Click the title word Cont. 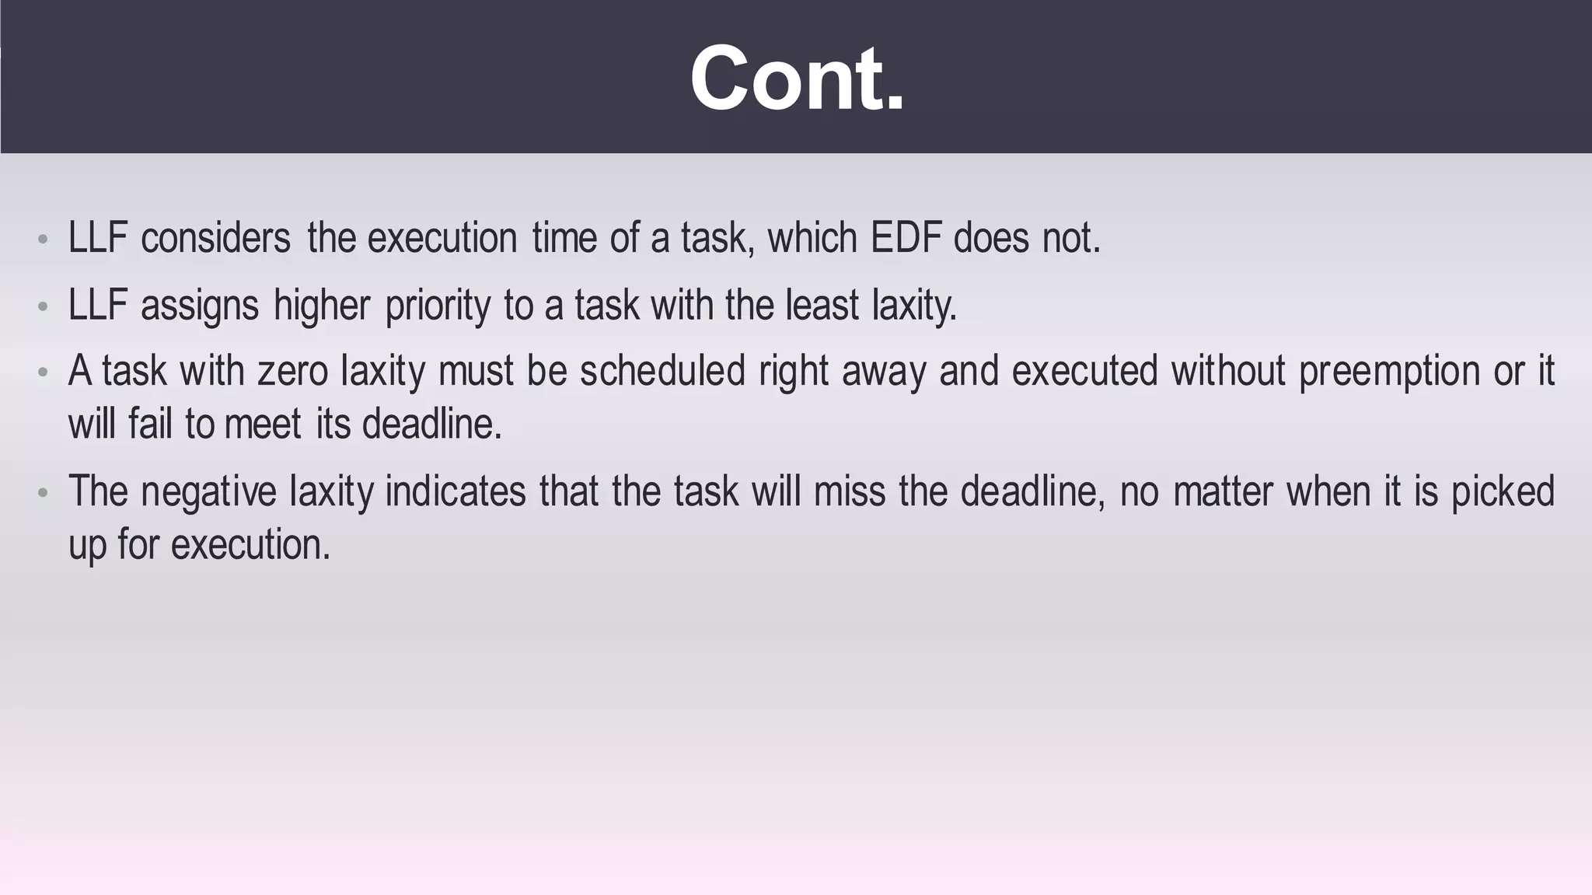click(x=797, y=79)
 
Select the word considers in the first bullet click(x=215, y=238)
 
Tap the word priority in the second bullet click(x=438, y=305)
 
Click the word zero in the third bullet click(x=292, y=371)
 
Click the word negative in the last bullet click(x=208, y=492)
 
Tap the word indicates click(x=456, y=492)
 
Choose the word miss click(x=850, y=492)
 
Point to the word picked click(x=1503, y=492)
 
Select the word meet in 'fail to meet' click(x=263, y=425)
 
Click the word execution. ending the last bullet click(x=250, y=544)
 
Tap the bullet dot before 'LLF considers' click(x=44, y=239)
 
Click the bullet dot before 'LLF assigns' click(x=44, y=306)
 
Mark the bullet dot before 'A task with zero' click(x=44, y=373)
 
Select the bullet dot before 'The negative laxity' click(x=44, y=493)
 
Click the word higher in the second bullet click(x=322, y=305)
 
